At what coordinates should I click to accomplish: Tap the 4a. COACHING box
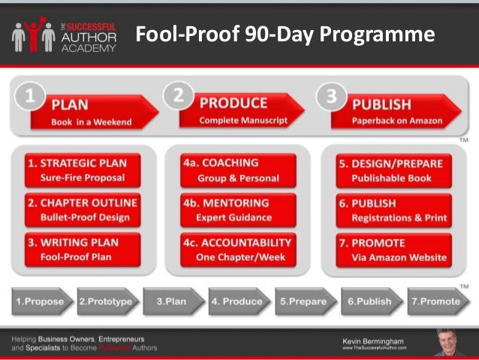[x=238, y=171]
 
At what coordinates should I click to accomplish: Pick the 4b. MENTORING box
[x=238, y=210]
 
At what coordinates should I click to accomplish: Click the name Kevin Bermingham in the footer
[x=373, y=341]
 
